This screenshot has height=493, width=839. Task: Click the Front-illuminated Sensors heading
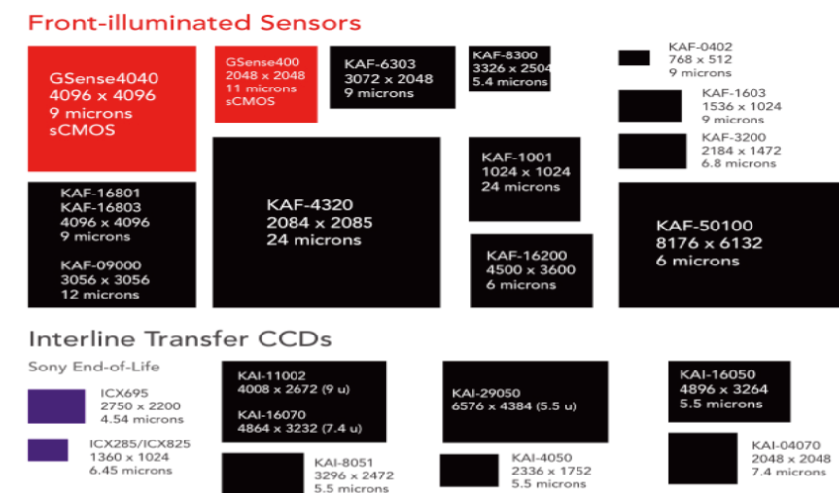(x=194, y=23)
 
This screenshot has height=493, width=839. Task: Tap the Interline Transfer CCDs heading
(x=180, y=338)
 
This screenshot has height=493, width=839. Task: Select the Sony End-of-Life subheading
(x=93, y=367)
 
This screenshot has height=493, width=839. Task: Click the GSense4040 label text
(x=104, y=78)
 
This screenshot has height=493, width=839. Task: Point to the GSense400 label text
(x=262, y=62)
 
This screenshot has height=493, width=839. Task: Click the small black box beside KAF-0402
(x=634, y=57)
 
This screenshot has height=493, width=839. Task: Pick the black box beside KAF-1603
(x=650, y=106)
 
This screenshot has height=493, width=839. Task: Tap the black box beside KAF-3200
(x=652, y=151)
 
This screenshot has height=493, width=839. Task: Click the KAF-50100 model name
(x=704, y=226)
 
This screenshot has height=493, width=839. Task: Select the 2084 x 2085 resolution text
(x=320, y=222)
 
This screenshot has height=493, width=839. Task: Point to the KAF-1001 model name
(x=516, y=158)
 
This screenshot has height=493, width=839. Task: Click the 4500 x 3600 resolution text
(x=530, y=269)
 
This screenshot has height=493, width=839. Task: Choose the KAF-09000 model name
(x=100, y=265)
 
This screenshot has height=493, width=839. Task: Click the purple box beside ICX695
(x=56, y=406)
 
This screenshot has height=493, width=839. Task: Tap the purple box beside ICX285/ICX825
(x=48, y=449)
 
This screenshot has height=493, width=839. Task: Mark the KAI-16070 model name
(x=272, y=415)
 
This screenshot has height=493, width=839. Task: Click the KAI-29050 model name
(x=486, y=393)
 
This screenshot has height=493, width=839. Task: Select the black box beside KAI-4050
(x=470, y=471)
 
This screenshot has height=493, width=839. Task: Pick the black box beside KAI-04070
(x=703, y=458)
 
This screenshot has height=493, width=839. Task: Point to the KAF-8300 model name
(x=505, y=55)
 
